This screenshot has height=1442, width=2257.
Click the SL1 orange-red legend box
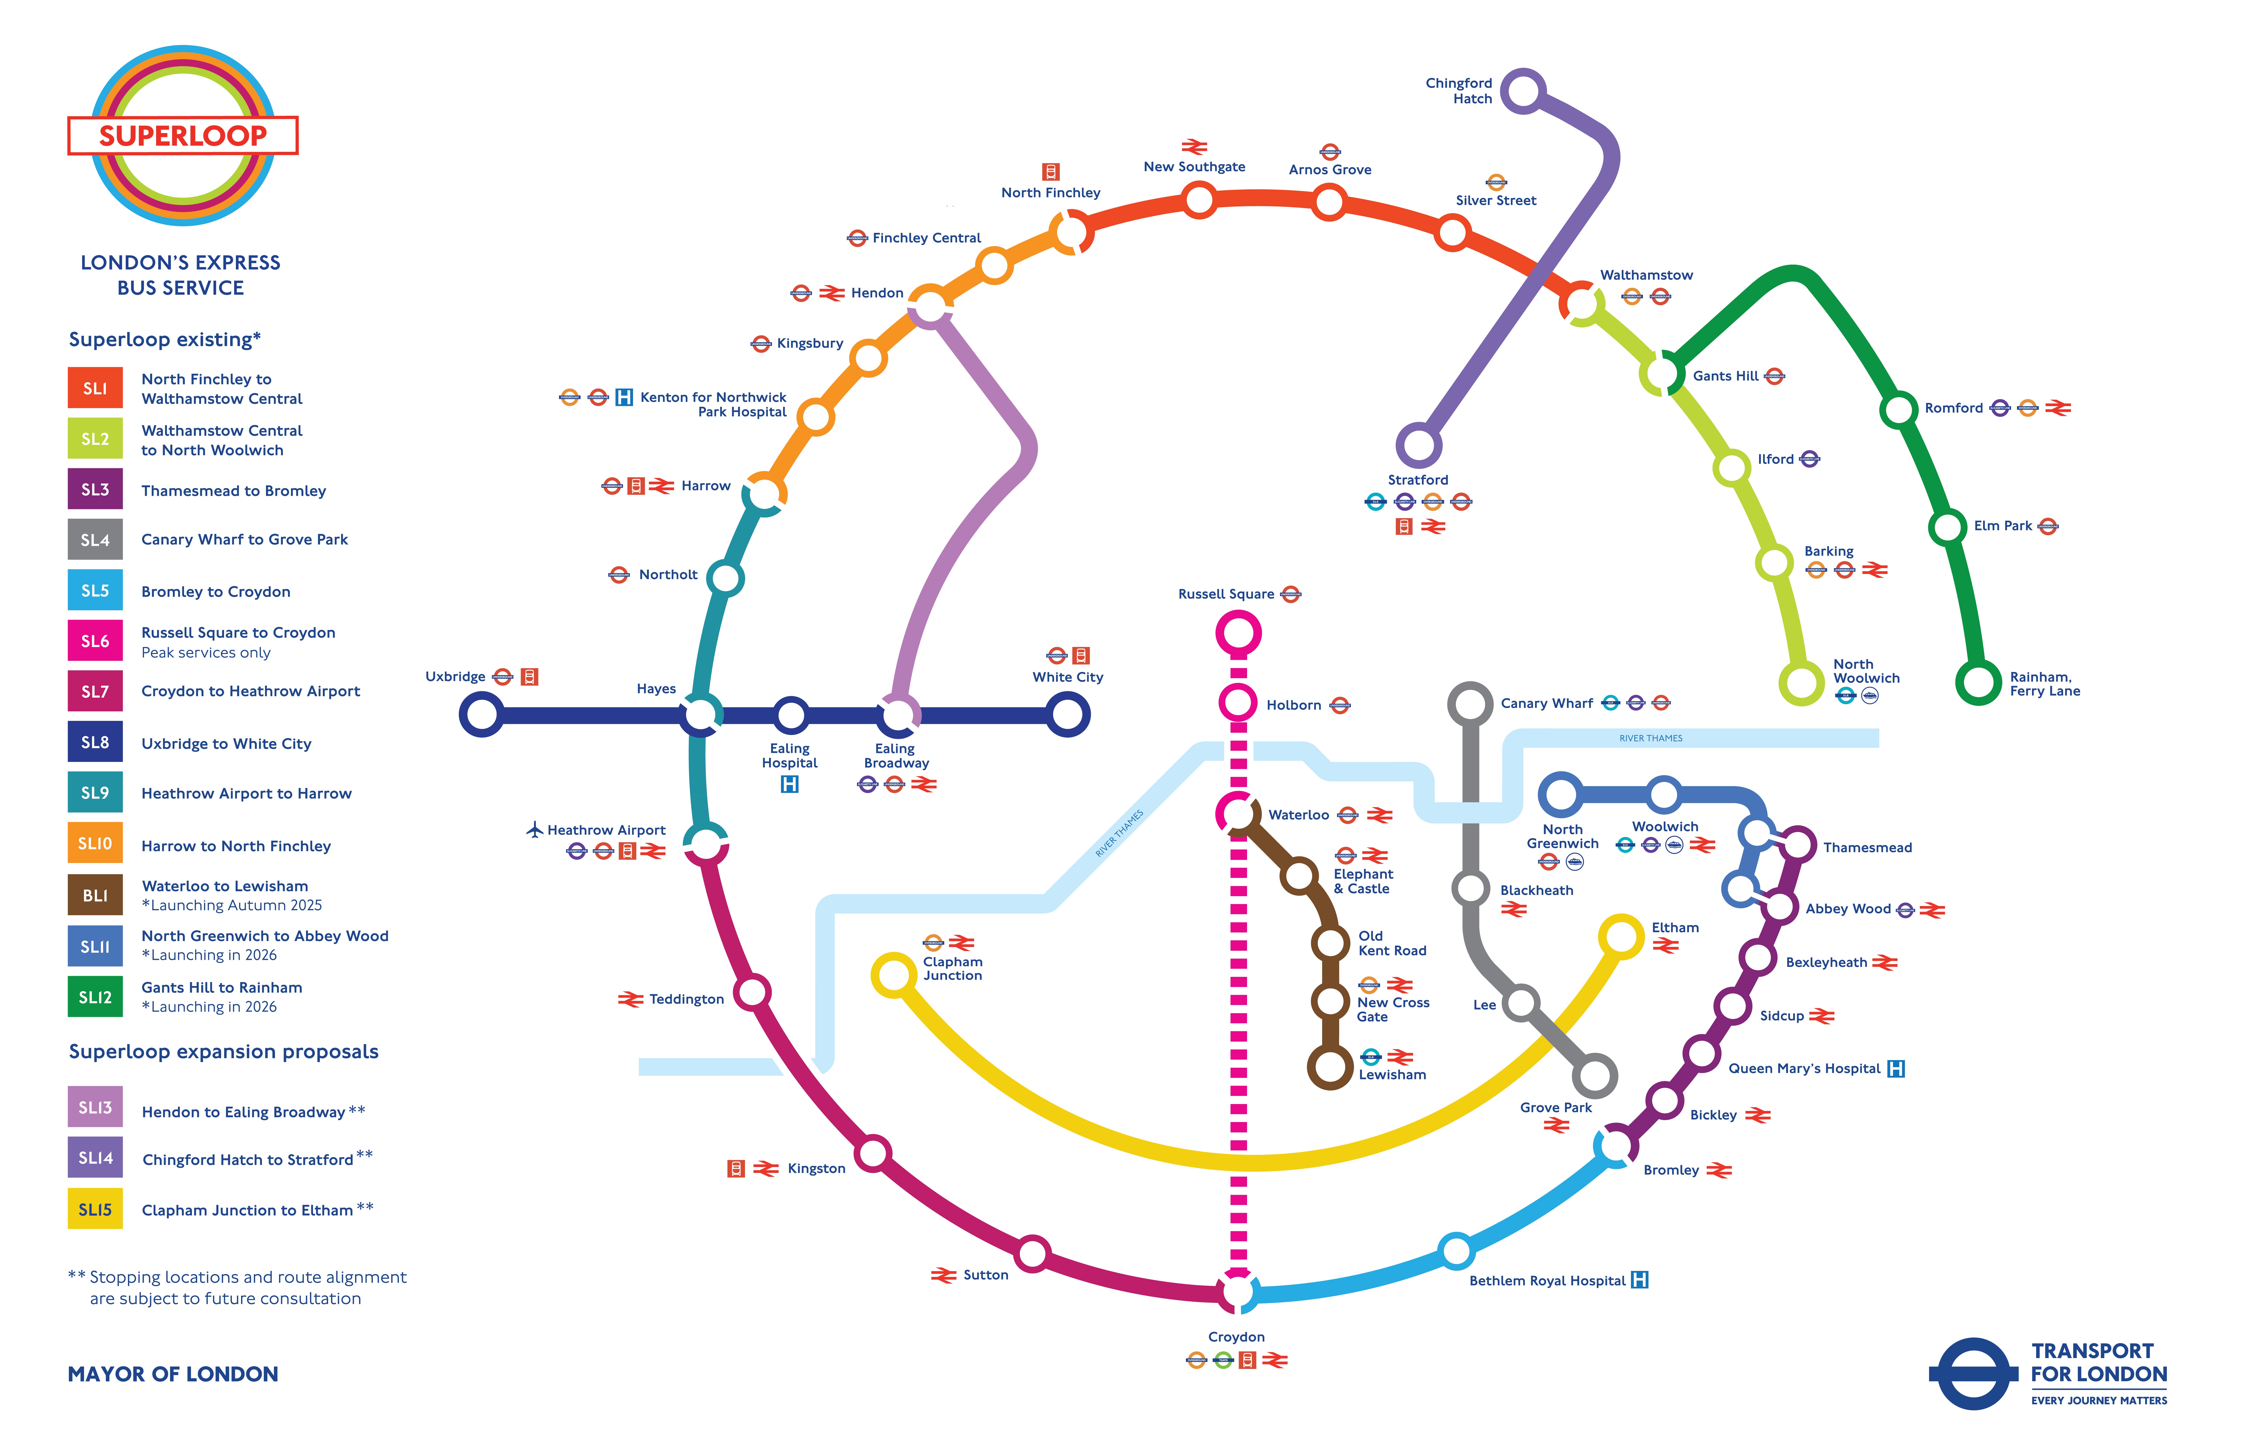95,388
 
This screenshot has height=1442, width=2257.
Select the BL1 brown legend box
95,895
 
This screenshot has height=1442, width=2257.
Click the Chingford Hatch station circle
1523,91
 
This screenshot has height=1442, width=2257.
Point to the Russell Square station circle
1238,633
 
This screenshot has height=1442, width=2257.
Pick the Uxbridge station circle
482,715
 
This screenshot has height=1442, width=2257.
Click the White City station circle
1067,715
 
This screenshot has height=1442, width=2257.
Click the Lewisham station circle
1329,1066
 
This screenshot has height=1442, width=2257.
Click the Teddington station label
686,1000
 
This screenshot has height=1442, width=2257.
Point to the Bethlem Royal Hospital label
1547,1281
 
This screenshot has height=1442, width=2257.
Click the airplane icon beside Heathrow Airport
534,829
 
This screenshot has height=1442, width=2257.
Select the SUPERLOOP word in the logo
183,136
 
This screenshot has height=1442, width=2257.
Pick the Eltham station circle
1621,937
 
